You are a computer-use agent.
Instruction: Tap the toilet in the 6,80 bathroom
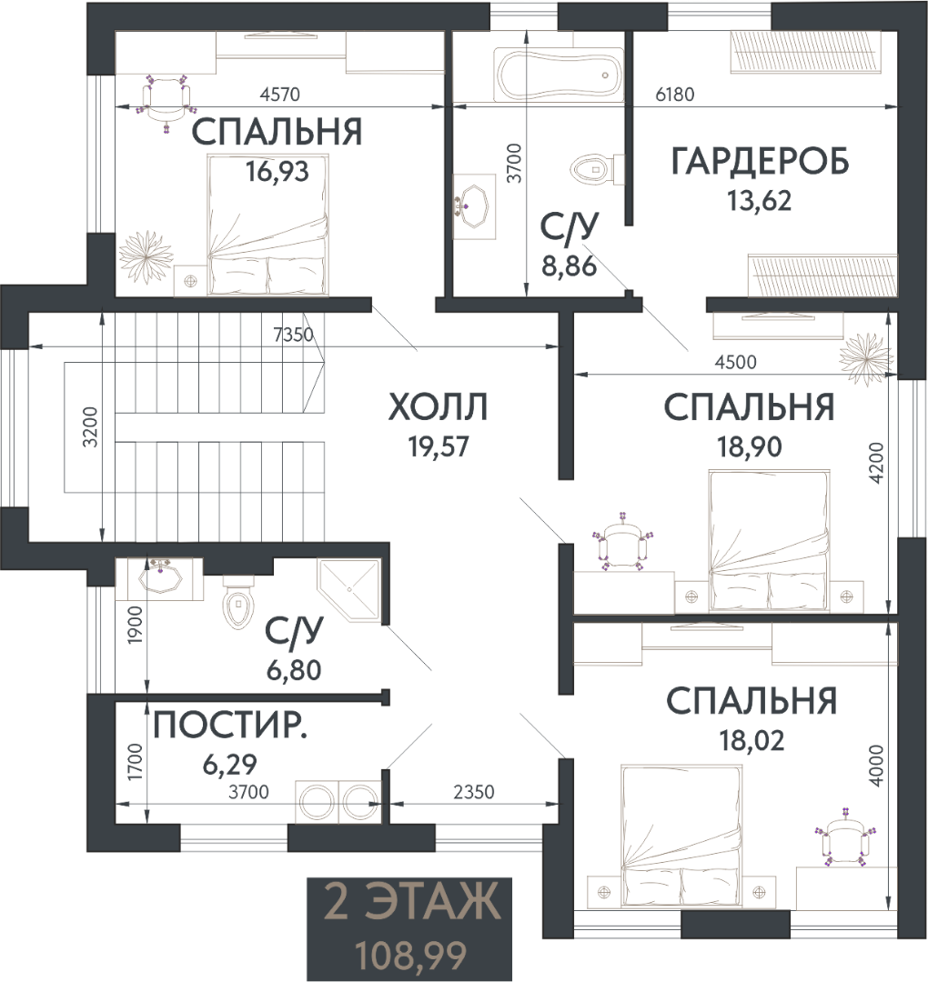click(x=238, y=603)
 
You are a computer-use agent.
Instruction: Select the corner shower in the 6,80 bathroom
click(x=349, y=589)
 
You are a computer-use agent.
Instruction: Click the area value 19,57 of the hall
click(x=438, y=447)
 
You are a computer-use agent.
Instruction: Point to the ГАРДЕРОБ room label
click(x=760, y=161)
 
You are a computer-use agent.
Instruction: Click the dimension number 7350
click(x=293, y=335)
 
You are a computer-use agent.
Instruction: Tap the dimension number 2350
click(x=474, y=792)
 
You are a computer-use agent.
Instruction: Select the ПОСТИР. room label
click(x=230, y=726)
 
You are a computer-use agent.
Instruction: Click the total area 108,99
click(x=411, y=956)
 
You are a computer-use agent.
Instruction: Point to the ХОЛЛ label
click(x=438, y=407)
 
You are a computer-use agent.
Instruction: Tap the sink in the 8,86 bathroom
click(x=474, y=206)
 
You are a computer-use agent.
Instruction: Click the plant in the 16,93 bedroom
click(x=146, y=256)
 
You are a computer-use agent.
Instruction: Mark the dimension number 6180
click(x=675, y=95)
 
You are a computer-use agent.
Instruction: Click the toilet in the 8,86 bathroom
click(x=597, y=169)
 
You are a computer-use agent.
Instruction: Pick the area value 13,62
click(x=759, y=201)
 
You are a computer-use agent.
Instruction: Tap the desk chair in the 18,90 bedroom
click(x=623, y=542)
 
